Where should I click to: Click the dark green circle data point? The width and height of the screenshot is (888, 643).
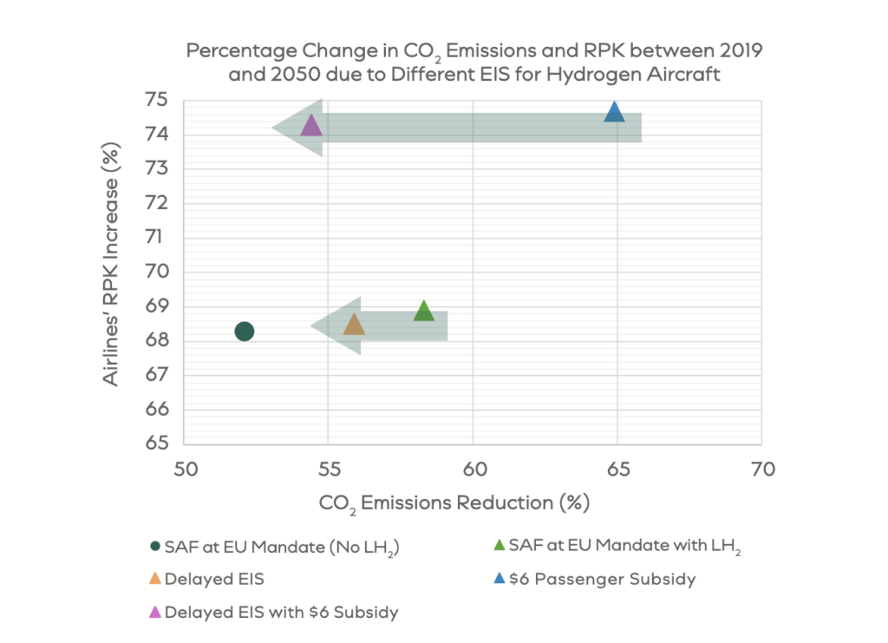point(245,331)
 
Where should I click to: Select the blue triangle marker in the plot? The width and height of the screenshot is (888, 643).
point(614,112)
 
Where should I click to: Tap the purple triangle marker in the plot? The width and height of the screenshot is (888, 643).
point(310,126)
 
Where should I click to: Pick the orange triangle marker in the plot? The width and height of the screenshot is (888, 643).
point(354,325)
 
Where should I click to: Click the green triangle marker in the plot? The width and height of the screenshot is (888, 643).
point(423,311)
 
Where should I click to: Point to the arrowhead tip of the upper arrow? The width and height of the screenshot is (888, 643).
point(273,128)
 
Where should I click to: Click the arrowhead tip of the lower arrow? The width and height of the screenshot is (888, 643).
point(311,325)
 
